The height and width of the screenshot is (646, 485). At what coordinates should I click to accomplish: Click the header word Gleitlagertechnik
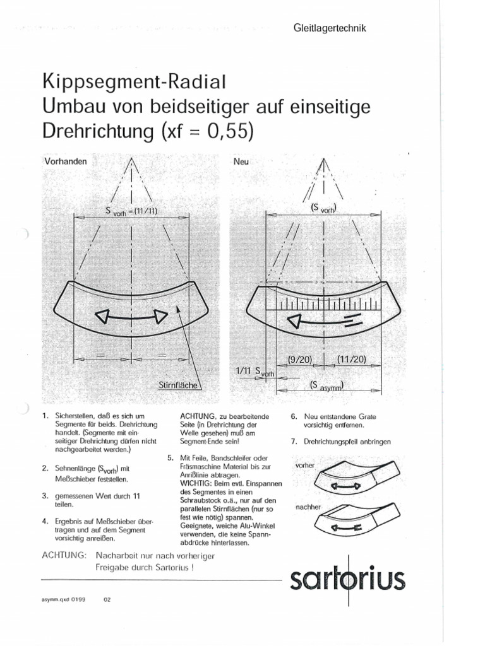coord(330,28)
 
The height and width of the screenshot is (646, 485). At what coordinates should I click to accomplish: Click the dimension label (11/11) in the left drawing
coord(147,211)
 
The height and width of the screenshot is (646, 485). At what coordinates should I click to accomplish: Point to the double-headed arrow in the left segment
coord(131,315)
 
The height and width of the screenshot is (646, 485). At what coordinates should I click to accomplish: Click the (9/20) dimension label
coord(301,360)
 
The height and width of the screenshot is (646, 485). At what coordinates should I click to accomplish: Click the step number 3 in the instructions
coord(45,495)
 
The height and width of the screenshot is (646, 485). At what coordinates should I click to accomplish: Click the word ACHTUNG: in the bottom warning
coord(64,555)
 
